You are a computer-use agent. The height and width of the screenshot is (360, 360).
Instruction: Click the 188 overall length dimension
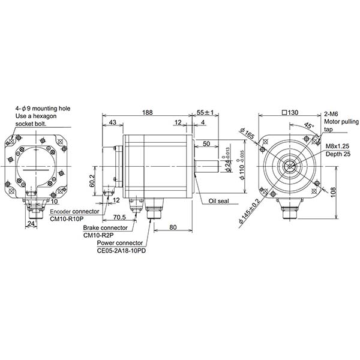tap(148, 112)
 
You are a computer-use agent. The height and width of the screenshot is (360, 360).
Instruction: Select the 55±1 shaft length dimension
tap(205, 112)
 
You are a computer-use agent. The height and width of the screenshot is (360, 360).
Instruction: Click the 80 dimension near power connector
tap(172, 227)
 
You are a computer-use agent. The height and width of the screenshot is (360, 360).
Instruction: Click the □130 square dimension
tap(292, 112)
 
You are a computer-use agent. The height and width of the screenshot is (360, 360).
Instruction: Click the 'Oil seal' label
tap(219, 202)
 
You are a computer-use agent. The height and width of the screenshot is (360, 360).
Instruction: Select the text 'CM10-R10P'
tap(66, 219)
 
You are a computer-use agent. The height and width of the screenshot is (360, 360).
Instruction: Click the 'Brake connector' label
tap(105, 228)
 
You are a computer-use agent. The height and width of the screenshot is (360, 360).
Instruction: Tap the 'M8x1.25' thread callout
tap(338, 146)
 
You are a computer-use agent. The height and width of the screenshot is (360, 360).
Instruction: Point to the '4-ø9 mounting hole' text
tap(44, 109)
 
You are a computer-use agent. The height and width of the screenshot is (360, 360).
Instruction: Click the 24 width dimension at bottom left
tap(31, 224)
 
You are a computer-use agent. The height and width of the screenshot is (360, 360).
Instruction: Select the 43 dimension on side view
tap(113, 122)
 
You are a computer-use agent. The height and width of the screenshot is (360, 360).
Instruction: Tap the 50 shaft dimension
tap(206, 144)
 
